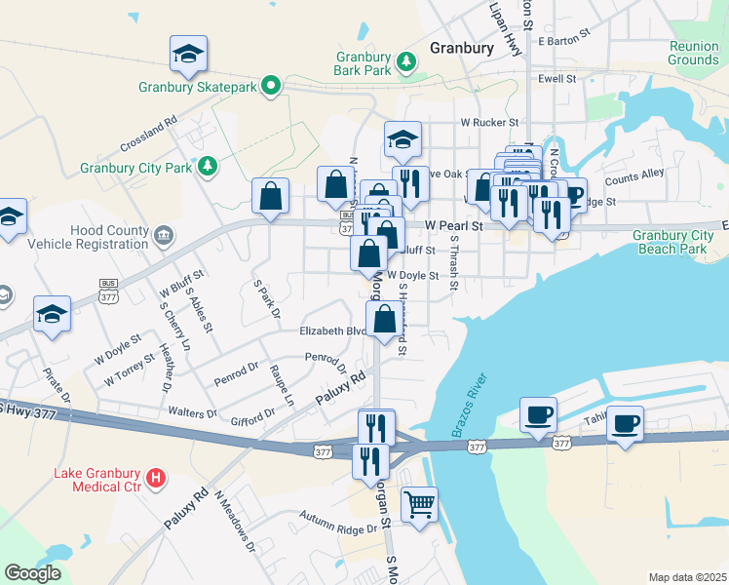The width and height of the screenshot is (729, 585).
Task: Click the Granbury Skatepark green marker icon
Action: coord(275,87)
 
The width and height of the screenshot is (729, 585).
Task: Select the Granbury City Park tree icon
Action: coord(207,167)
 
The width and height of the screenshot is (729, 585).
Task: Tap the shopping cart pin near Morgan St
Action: coord(419,506)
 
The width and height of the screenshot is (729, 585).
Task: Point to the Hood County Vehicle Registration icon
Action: coord(163,234)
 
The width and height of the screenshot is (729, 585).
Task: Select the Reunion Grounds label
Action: coord(693,53)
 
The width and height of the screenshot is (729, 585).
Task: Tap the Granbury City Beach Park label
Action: coord(672,242)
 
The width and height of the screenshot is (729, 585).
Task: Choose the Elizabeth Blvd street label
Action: coord(331,331)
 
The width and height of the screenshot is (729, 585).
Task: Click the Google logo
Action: coord(32,573)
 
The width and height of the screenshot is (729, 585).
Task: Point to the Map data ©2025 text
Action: coord(687,577)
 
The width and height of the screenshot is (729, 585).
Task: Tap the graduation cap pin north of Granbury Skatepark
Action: coord(189,55)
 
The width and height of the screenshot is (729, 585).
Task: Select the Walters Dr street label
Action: coord(192,412)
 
